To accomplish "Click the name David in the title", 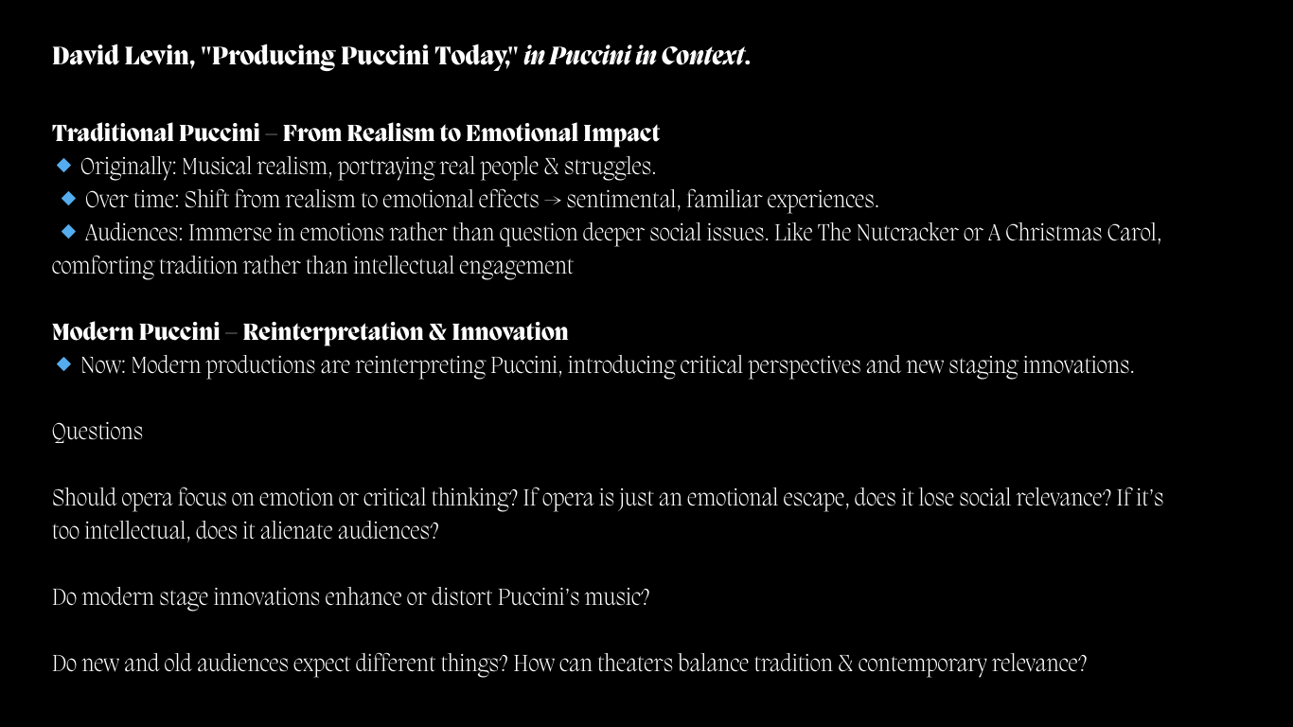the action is [85, 56].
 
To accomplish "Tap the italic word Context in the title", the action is [702, 56].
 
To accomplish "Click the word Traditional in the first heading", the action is [113, 133].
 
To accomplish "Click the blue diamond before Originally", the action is [63, 166].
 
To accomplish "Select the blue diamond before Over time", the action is [68, 199].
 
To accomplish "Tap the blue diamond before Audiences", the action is [68, 232].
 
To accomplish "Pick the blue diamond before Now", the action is [63, 364].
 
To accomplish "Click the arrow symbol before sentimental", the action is [553, 201].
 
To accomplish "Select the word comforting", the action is [103, 267].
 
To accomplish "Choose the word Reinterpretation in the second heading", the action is [332, 332].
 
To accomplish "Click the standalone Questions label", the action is [97, 432].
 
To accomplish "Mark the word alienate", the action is [296, 531].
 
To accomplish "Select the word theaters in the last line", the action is [635, 664].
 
